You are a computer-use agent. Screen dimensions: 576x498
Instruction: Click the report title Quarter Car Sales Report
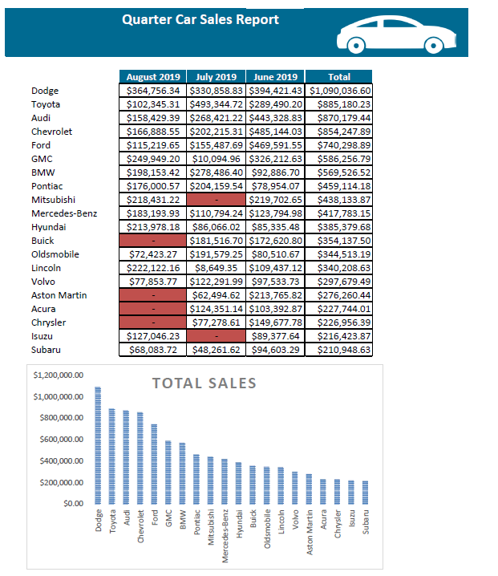(200, 19)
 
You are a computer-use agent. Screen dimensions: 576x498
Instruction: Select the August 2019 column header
(153, 77)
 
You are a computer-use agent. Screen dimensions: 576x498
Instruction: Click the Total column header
(339, 77)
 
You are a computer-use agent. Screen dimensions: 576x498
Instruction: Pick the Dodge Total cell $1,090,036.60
(339, 91)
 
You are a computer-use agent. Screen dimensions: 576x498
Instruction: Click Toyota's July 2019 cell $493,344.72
(216, 104)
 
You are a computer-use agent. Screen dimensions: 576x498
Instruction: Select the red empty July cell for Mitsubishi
(216, 200)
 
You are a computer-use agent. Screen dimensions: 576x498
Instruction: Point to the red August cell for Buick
(153, 241)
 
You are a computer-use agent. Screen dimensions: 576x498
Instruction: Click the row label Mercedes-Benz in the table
(64, 213)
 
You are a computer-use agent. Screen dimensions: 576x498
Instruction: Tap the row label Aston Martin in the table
(59, 295)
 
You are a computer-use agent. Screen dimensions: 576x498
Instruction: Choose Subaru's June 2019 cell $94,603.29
(276, 350)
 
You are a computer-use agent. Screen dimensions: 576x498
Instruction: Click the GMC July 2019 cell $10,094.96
(216, 159)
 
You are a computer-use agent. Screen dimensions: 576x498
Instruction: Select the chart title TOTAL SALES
(204, 383)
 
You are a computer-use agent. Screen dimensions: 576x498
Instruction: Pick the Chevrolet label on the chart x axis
(141, 528)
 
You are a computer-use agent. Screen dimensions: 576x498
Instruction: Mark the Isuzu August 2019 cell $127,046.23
(153, 336)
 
